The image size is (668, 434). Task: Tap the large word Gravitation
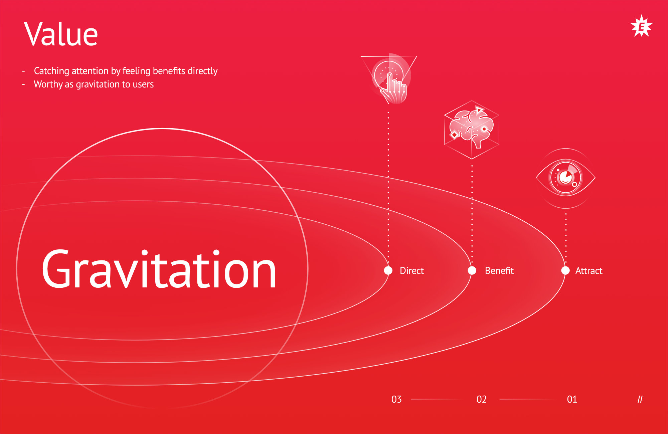[x=159, y=269]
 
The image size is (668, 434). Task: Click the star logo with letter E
[x=641, y=26]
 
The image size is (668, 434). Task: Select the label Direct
[x=411, y=270]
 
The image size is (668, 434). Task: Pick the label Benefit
[x=499, y=270]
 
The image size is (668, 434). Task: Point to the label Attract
[x=589, y=271]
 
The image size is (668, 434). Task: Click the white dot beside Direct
[x=388, y=270]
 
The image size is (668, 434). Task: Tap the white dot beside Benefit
[x=472, y=270]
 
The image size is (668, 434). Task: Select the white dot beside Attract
[x=565, y=270]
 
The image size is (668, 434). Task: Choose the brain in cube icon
[x=472, y=130]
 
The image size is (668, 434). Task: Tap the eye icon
[x=566, y=178]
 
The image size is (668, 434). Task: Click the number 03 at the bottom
[x=396, y=399]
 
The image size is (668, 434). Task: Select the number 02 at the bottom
[x=482, y=399]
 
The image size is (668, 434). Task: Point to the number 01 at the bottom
[x=572, y=399]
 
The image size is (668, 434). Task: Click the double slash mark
[x=640, y=399]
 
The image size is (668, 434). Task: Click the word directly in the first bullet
[x=203, y=71]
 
